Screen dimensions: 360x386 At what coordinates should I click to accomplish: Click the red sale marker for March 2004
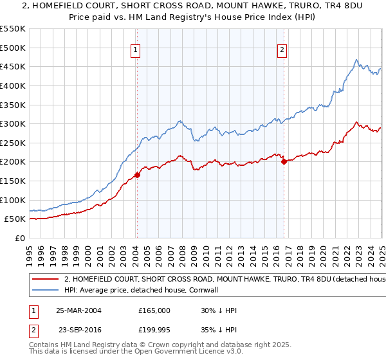click(137, 175)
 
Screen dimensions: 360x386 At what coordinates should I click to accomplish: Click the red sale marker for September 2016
click(284, 161)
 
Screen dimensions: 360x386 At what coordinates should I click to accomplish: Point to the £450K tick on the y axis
click(13, 66)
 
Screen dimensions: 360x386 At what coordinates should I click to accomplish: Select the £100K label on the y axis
click(13, 200)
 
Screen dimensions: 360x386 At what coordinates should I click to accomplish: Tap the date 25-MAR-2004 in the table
click(78, 310)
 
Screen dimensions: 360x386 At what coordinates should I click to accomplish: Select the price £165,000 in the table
click(154, 310)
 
